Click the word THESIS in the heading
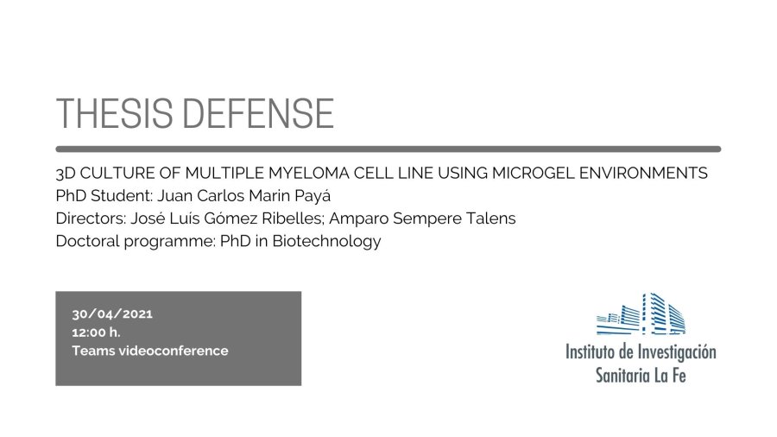click(x=115, y=113)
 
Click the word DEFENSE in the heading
click(x=259, y=113)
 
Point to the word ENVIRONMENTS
click(x=643, y=173)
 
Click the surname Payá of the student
click(x=313, y=196)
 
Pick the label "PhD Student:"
click(x=104, y=196)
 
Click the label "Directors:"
click(x=92, y=218)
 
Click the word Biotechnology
click(x=326, y=242)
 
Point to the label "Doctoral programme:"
click(x=136, y=242)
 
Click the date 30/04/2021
click(x=112, y=313)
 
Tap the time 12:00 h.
click(x=96, y=332)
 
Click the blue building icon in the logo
click(x=641, y=313)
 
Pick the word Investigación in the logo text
click(x=676, y=352)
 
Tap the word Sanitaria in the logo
click(x=622, y=375)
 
